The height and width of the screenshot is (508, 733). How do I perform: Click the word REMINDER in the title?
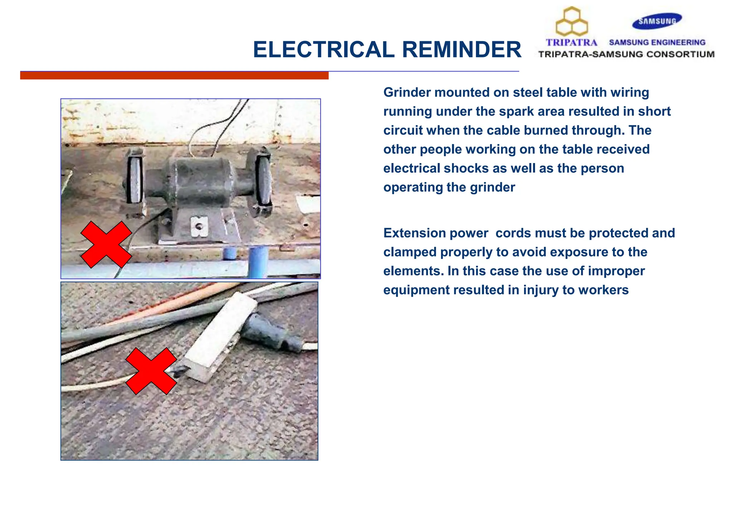pos(462,49)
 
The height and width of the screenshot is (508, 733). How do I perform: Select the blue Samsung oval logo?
pos(657,21)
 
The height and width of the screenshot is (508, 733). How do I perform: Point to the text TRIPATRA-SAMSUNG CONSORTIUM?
pos(626,54)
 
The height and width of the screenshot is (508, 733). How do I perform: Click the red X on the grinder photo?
pos(106,244)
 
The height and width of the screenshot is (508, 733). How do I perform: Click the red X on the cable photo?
pos(151,371)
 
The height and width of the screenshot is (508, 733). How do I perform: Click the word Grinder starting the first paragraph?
pos(407,92)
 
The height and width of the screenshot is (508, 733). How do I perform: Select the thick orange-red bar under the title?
pos(174,76)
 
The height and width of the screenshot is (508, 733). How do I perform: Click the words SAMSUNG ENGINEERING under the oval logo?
pos(657,43)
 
